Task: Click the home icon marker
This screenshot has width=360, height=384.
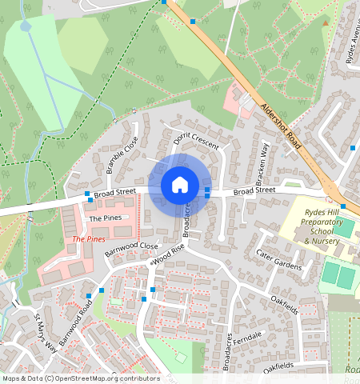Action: coord(180,185)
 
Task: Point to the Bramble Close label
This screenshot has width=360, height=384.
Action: coord(122,154)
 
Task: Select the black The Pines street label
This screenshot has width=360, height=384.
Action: coord(105,218)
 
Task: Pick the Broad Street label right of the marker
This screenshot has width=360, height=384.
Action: coord(254,191)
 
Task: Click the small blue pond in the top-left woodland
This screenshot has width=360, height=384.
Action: coord(26,26)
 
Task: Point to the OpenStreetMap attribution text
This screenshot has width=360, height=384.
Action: coord(80,378)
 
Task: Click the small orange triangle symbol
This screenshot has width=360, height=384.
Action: coord(324,23)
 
